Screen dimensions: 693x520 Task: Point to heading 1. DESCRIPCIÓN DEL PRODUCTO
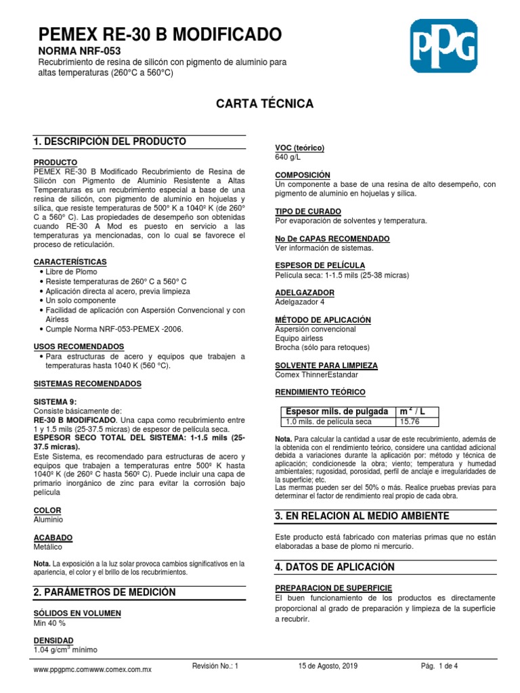click(110, 141)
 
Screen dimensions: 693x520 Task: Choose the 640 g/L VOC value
click(287, 157)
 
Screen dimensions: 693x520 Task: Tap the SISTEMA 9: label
click(60, 401)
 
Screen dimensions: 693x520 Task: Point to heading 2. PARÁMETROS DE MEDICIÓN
click(105, 592)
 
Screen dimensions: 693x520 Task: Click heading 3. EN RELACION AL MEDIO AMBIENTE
click(362, 516)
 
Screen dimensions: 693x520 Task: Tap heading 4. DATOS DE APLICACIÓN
click(334, 566)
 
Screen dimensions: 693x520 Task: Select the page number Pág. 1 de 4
click(439, 666)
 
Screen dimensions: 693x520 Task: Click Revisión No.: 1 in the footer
click(216, 666)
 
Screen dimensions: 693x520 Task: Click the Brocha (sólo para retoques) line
click(322, 347)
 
